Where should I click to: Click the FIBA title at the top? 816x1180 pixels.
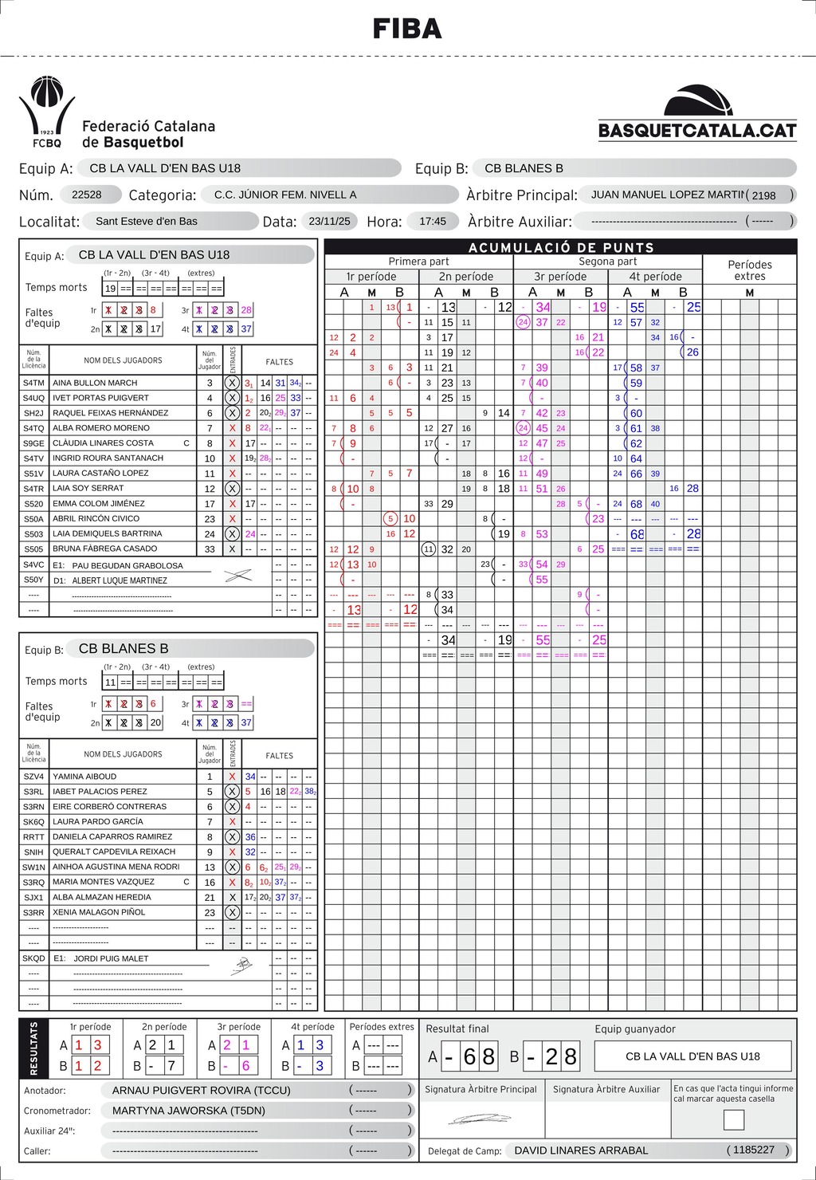click(x=407, y=29)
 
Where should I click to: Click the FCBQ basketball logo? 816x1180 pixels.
click(x=47, y=112)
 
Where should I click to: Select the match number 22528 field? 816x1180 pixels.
click(x=87, y=195)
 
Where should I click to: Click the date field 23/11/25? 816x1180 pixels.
click(x=333, y=221)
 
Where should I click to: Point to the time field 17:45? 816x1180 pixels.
click(x=433, y=221)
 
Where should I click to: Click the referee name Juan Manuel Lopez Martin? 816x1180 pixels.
click(x=668, y=195)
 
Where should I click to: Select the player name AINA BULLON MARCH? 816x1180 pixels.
click(x=95, y=383)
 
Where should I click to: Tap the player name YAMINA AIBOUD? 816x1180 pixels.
click(x=84, y=777)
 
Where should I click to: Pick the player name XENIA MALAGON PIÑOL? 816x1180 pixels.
click(x=99, y=912)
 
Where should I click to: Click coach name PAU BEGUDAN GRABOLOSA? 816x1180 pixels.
click(x=127, y=565)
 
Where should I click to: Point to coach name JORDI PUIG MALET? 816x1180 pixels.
click(x=111, y=958)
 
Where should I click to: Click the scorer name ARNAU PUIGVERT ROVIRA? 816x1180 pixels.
click(x=201, y=1090)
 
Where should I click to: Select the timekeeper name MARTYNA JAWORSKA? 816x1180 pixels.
click(x=188, y=1110)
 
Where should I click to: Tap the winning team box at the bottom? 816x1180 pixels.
click(x=692, y=1056)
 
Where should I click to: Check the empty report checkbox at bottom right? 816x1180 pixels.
click(x=734, y=1119)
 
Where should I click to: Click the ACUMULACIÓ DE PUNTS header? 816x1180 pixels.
click(x=561, y=247)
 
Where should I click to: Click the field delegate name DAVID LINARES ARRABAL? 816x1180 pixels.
click(x=581, y=1150)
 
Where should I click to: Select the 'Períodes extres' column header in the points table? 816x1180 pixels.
click(x=749, y=270)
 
